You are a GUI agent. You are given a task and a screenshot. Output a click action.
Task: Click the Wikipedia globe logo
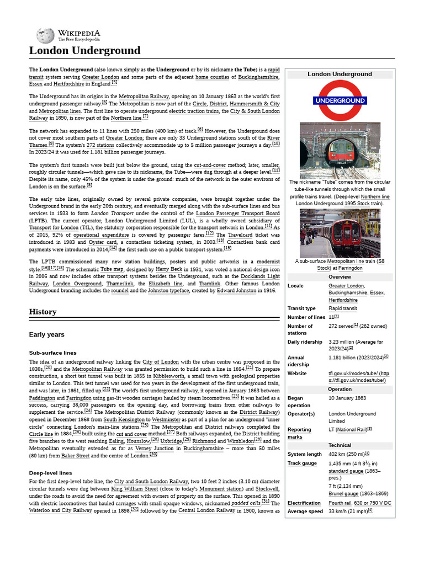pyautogui.click(x=45, y=36)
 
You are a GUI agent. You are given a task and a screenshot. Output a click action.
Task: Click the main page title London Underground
pyautogui.click(x=84, y=51)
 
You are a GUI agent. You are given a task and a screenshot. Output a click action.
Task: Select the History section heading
pyautogui.click(x=43, y=312)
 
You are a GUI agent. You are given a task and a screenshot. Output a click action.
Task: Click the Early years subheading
pyautogui.click(x=46, y=334)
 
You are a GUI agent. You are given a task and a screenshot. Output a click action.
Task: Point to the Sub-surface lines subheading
pyautogui.click(x=52, y=353)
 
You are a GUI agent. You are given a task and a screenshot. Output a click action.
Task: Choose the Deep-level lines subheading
pyautogui.click(x=50, y=473)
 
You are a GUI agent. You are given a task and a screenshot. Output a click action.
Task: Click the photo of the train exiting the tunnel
pyautogui.click(x=340, y=150)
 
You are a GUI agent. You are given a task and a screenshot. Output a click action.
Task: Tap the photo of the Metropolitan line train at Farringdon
pyautogui.click(x=340, y=233)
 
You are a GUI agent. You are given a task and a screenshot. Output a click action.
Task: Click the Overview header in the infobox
pyautogui.click(x=340, y=277)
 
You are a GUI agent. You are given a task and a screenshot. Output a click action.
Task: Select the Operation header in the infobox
pyautogui.click(x=340, y=389)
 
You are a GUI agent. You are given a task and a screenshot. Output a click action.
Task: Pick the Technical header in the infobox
pyautogui.click(x=340, y=445)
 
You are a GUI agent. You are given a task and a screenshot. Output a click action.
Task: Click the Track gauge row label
pyautogui.click(x=302, y=463)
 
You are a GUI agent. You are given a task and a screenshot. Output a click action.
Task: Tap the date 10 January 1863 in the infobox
pyautogui.click(x=347, y=398)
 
